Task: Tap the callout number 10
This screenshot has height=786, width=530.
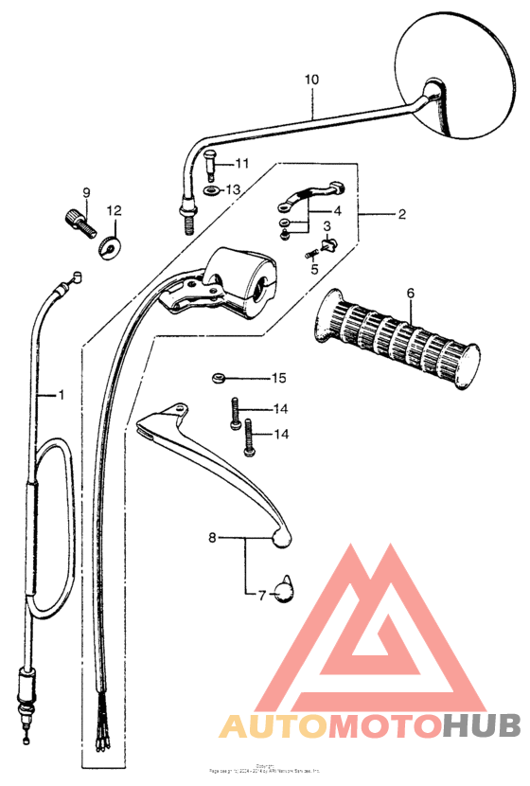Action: (x=312, y=80)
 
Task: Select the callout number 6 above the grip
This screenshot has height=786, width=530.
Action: (x=411, y=294)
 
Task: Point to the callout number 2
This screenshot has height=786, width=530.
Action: (x=401, y=215)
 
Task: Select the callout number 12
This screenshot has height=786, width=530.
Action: (x=114, y=210)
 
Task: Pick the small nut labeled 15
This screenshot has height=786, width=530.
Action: (x=218, y=379)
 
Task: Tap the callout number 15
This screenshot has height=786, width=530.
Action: (x=278, y=379)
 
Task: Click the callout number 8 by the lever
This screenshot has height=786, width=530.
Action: (x=212, y=538)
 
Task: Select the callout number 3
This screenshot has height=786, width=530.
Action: (x=326, y=226)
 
